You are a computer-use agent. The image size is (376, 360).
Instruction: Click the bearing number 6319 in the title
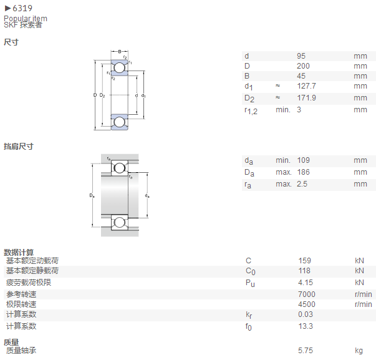pyautogui.click(x=22, y=8)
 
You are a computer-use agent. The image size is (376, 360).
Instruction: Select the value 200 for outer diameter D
pyautogui.click(x=303, y=66)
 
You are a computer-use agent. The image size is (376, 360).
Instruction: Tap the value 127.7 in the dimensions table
pyautogui.click(x=306, y=86)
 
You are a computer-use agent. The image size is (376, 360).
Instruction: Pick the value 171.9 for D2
pyautogui.click(x=306, y=98)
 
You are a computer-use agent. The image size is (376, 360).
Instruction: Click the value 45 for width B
pyautogui.click(x=301, y=76)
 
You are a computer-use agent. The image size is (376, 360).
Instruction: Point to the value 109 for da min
pyautogui.click(x=303, y=160)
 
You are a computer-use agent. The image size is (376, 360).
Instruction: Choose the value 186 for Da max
pyautogui.click(x=303, y=172)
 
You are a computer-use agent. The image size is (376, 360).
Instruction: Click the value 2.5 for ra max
pyautogui.click(x=302, y=184)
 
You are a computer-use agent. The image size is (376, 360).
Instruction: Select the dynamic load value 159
pyautogui.click(x=304, y=261)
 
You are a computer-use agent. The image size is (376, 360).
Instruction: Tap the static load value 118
pyautogui.click(x=304, y=271)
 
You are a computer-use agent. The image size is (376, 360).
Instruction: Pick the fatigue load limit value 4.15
pyautogui.click(x=306, y=283)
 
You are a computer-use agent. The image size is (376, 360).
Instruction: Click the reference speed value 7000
pyautogui.click(x=307, y=294)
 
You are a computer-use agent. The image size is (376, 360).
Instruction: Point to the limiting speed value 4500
pyautogui.click(x=307, y=304)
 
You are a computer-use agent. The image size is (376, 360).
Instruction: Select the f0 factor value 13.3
pyautogui.click(x=306, y=326)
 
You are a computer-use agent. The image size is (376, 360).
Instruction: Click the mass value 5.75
pyautogui.click(x=306, y=351)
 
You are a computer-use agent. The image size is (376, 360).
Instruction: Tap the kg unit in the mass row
pyautogui.click(x=359, y=351)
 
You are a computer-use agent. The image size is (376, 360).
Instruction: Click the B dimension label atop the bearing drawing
pyautogui.click(x=120, y=51)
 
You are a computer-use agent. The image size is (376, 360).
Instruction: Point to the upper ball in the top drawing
pyautogui.click(x=120, y=67)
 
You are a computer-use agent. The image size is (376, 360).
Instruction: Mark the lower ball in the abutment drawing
pyautogui.click(x=120, y=223)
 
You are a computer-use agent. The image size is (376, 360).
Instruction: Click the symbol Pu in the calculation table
pyautogui.click(x=250, y=283)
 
